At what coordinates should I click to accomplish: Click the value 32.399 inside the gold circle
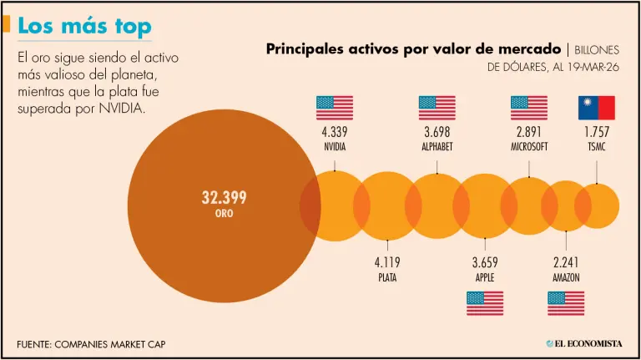point(224,198)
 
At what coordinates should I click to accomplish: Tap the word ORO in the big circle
point(224,214)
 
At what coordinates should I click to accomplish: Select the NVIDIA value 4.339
point(335,132)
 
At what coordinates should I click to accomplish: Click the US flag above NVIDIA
point(335,108)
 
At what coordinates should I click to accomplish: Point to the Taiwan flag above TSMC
point(597,108)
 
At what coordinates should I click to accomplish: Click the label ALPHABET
point(437,147)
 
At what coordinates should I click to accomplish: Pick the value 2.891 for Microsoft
point(529,132)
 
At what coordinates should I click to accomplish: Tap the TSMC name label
point(597,147)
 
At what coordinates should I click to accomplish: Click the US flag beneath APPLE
point(485,303)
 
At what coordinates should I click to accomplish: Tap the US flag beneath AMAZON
point(566,303)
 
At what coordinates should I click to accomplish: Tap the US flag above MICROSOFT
point(529,108)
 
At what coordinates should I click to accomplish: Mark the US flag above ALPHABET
point(437,108)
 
